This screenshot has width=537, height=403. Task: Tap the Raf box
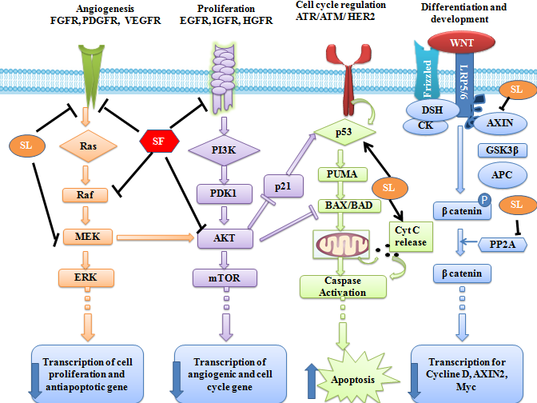(84, 194)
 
